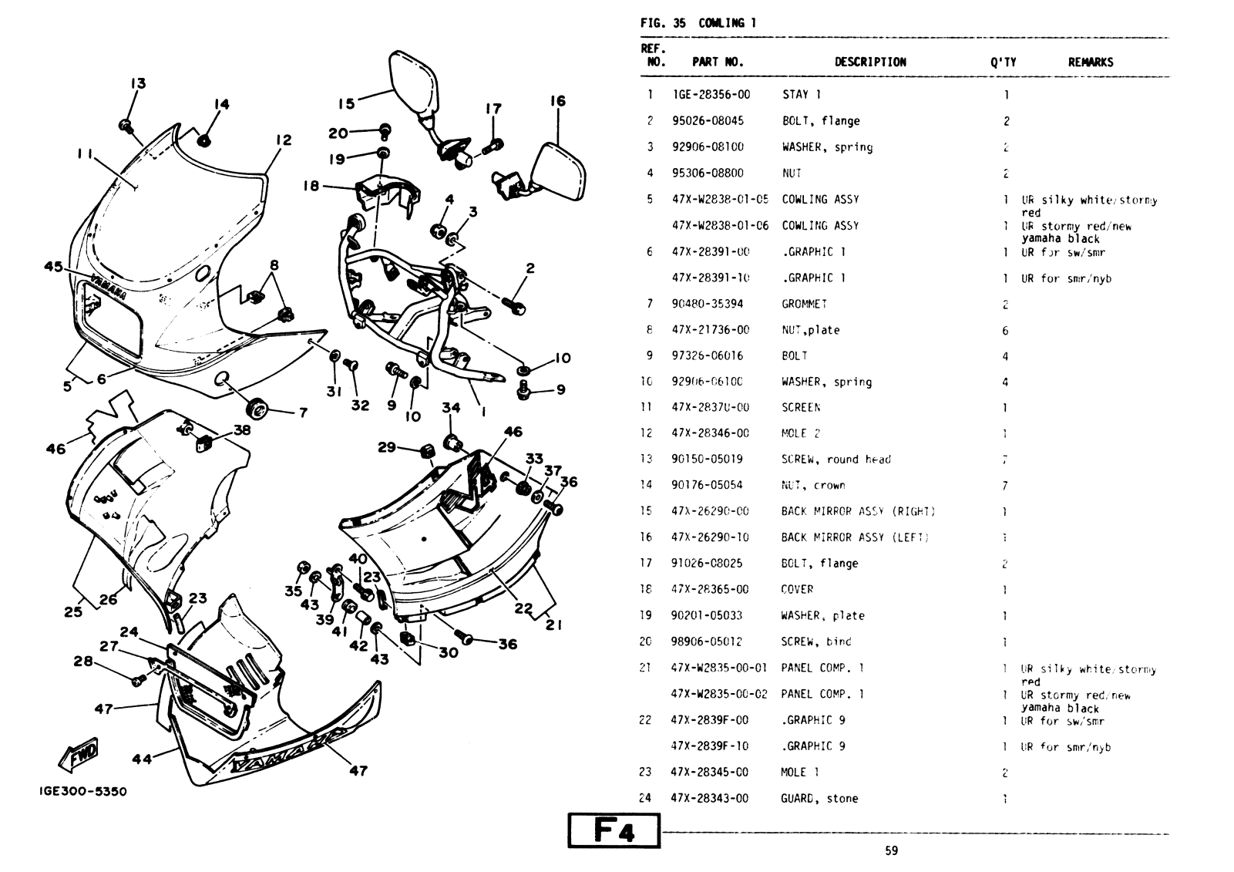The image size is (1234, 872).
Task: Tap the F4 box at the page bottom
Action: pos(614,831)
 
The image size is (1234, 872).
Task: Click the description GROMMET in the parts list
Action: pos(804,304)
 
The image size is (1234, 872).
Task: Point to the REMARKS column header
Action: pos(1090,62)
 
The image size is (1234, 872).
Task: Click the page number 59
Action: pos(891,851)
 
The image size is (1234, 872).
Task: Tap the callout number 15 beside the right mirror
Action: pos(346,103)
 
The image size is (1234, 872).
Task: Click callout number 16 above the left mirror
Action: pos(558,101)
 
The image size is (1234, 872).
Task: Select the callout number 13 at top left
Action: pos(138,83)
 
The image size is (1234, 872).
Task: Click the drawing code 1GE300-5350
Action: pos(83,792)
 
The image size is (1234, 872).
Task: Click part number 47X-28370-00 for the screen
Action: pos(709,407)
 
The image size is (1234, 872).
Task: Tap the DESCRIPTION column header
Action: pos(870,62)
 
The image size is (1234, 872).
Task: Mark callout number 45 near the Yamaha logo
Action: pos(53,267)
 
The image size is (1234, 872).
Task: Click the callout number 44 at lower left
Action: pos(142,759)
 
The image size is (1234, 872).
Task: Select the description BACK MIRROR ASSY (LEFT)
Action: pos(855,537)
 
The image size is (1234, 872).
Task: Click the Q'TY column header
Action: pos(1004,62)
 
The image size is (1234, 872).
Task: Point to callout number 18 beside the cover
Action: pos(311,186)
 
